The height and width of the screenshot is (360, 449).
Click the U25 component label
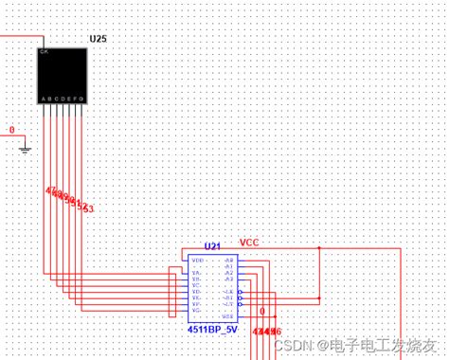tap(99, 39)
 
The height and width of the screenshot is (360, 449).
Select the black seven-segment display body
tap(63, 75)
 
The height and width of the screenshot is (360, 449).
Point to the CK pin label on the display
tap(44, 52)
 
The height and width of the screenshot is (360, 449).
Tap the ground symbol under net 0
tap(26, 147)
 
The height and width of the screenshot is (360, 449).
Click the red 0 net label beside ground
tap(11, 131)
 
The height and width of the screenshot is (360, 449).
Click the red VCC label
tap(249, 243)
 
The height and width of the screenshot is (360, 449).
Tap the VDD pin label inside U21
tap(197, 259)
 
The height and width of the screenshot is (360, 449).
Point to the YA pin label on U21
tap(196, 273)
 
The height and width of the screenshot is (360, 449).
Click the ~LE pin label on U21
tap(228, 291)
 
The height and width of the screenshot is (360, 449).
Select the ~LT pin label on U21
tap(228, 305)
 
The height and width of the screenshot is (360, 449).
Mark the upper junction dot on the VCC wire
tap(319, 248)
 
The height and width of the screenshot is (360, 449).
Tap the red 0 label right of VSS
tap(262, 311)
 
